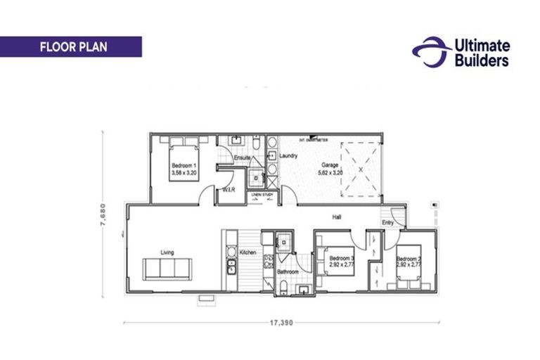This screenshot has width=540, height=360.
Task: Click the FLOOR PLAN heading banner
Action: pyautogui.click(x=71, y=47)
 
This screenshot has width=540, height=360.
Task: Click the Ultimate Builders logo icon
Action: pyautogui.click(x=430, y=52)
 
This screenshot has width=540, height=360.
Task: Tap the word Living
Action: pyautogui.click(x=167, y=252)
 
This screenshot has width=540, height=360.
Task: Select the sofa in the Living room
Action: pyautogui.click(x=167, y=269)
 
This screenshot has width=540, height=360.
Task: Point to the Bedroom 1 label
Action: pyautogui.click(x=184, y=164)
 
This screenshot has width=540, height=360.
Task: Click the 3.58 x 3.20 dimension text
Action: pyautogui.click(x=184, y=171)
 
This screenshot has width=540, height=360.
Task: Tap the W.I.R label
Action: pyautogui.click(x=228, y=190)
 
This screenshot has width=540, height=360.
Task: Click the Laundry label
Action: pyautogui.click(x=288, y=156)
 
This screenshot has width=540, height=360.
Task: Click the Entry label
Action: pyautogui.click(x=388, y=223)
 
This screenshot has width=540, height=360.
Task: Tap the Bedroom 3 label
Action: pyautogui.click(x=342, y=259)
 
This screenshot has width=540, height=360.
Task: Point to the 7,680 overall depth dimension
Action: pyautogui.click(x=103, y=214)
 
